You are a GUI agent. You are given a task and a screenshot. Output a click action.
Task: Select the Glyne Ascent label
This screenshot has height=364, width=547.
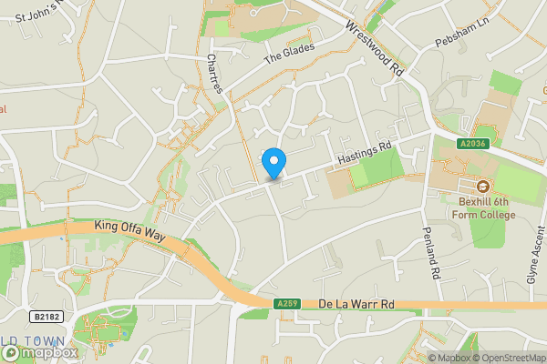[532, 258]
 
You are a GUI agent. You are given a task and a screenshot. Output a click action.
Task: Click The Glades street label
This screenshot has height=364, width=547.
[289, 53]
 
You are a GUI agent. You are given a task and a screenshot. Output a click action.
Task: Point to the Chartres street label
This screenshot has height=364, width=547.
[214, 73]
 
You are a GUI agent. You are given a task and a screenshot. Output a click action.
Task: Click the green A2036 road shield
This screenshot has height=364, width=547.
[472, 143]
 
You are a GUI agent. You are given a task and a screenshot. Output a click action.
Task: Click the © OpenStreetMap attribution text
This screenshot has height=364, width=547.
[507, 358]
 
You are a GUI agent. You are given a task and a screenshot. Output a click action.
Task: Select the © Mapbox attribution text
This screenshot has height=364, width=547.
[447, 358]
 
